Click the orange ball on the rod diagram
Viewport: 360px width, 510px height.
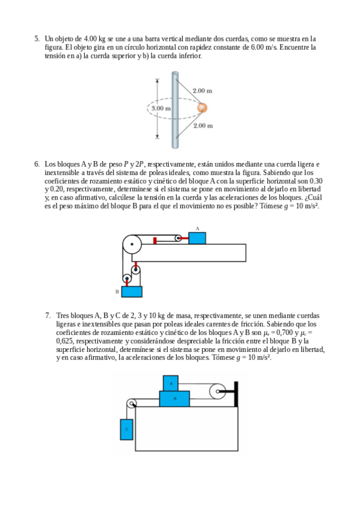click(x=202, y=108)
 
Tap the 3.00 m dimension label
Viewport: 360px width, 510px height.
click(x=161, y=108)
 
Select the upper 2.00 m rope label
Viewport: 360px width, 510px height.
click(x=203, y=91)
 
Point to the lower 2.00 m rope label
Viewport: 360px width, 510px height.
click(x=203, y=126)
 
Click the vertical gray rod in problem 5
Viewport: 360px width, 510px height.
click(x=175, y=110)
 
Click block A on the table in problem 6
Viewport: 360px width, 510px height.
click(x=197, y=238)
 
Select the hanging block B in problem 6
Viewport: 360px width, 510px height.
click(x=132, y=292)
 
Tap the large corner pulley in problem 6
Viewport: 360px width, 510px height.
click(x=132, y=244)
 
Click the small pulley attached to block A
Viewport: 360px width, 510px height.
click(x=178, y=238)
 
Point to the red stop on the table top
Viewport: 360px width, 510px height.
click(x=155, y=241)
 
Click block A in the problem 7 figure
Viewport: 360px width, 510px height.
click(x=171, y=383)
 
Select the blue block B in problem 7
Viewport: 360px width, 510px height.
click(x=174, y=398)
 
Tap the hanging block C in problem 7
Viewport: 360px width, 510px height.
click(x=126, y=429)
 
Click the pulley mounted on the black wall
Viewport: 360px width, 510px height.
click(x=218, y=391)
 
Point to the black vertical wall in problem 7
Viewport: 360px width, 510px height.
click(x=236, y=394)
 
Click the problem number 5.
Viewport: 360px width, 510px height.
click(x=37, y=39)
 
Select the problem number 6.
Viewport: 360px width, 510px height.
click(x=37, y=164)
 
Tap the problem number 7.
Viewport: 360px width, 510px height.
click(x=48, y=316)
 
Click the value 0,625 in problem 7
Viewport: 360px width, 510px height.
click(x=65, y=341)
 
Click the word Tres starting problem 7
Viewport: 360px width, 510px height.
click(x=63, y=316)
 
